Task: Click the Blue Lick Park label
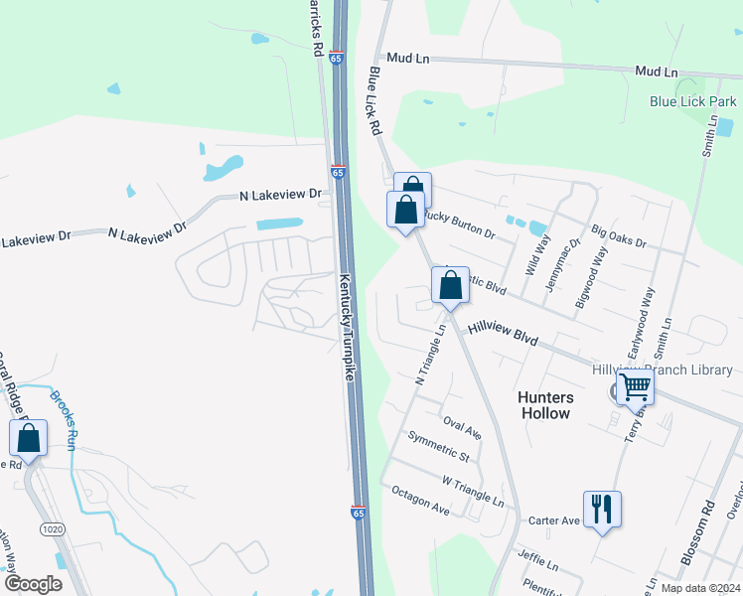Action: pyautogui.click(x=693, y=101)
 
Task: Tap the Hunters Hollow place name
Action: pyautogui.click(x=545, y=404)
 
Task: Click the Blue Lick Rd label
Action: pyautogui.click(x=375, y=101)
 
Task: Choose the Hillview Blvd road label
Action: pyautogui.click(x=503, y=334)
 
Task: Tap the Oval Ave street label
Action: pyautogui.click(x=462, y=429)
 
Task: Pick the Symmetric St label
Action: pyautogui.click(x=438, y=447)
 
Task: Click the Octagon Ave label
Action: pyautogui.click(x=420, y=500)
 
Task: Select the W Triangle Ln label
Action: pyautogui.click(x=473, y=493)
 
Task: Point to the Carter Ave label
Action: pyautogui.click(x=553, y=521)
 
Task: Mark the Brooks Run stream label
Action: pyautogui.click(x=64, y=420)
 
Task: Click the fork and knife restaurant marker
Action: pyautogui.click(x=602, y=510)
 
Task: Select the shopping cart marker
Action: pyautogui.click(x=635, y=386)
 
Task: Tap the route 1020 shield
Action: pyautogui.click(x=53, y=529)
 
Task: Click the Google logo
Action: pyautogui.click(x=33, y=584)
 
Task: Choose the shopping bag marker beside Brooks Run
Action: pyautogui.click(x=29, y=438)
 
